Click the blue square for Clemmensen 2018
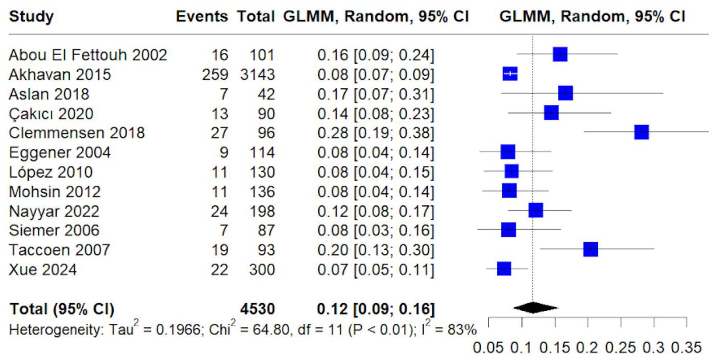point(641,132)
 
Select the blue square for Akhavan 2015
point(510,74)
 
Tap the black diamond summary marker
point(535,308)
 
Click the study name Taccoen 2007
point(59,250)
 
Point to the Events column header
point(201,17)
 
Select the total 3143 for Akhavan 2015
point(257,74)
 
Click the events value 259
point(215,74)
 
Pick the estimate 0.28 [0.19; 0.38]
point(376,133)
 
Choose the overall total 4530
point(257,309)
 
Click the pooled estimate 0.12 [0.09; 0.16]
point(376,309)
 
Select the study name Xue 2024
point(43,270)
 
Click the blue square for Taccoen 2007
point(590,249)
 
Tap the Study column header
point(31,17)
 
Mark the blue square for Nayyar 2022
point(535,210)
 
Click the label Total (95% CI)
point(62,309)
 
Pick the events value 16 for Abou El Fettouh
point(220,55)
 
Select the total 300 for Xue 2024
point(262,270)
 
